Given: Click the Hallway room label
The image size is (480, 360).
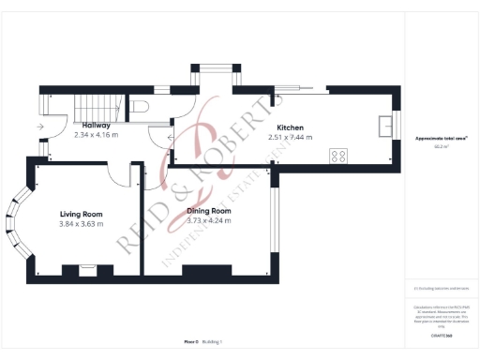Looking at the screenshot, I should (96, 126).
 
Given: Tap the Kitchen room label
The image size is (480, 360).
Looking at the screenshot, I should (290, 127).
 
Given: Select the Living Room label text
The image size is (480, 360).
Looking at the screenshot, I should (81, 214).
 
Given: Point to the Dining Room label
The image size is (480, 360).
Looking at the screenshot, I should (208, 212).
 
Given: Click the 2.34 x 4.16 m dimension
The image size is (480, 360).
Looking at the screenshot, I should (96, 135).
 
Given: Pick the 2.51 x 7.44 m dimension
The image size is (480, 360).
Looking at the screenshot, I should (290, 138).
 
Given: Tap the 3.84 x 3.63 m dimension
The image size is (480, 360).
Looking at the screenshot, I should (81, 224).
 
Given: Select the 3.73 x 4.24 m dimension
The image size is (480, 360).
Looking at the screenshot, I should (208, 222).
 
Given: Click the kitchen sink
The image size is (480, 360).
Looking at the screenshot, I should (384, 125).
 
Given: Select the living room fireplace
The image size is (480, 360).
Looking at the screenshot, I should (87, 270).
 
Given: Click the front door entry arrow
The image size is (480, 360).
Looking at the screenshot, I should (41, 126).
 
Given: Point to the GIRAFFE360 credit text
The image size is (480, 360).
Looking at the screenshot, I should (436, 335).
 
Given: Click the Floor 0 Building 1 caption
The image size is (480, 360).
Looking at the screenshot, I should (203, 343).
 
